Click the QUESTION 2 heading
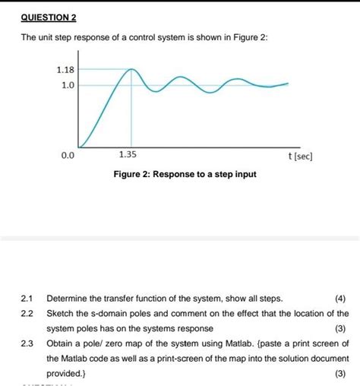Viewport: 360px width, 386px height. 49,17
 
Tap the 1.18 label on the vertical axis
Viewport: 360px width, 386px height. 65,69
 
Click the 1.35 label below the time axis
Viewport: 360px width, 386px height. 128,155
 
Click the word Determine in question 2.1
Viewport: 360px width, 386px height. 69,298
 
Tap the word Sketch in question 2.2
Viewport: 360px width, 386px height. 61,313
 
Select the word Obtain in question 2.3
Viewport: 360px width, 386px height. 61,343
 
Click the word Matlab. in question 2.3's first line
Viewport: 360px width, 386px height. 231,343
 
